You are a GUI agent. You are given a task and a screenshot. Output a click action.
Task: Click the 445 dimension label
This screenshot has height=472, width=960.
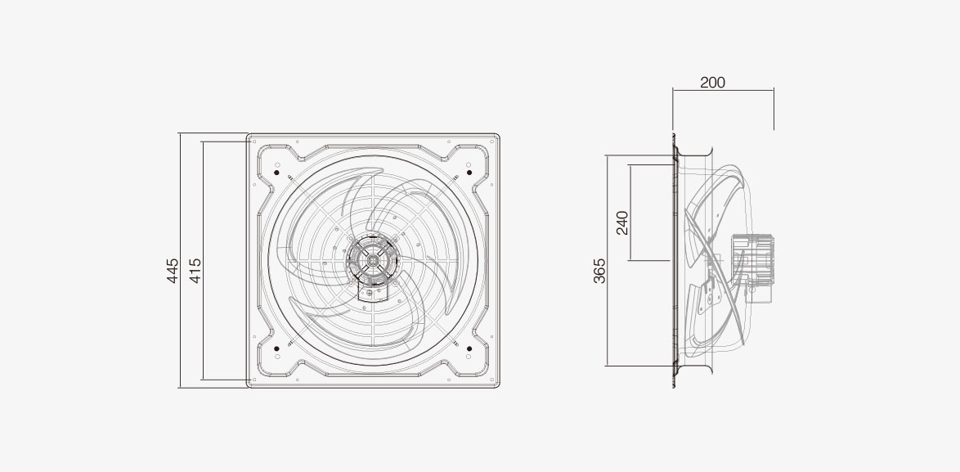click(173, 271)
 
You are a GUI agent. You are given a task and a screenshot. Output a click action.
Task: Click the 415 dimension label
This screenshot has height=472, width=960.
click(195, 271)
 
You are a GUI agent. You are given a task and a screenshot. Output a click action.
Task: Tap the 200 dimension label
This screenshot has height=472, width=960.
click(712, 83)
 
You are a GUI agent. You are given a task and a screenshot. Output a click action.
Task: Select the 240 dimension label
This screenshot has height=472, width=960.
click(622, 223)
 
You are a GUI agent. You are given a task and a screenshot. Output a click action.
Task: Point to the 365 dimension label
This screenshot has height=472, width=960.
click(600, 271)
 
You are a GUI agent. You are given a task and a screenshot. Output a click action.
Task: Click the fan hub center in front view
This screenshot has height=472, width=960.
click(372, 260)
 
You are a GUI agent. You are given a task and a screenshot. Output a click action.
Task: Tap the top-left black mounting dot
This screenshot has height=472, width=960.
click(276, 173)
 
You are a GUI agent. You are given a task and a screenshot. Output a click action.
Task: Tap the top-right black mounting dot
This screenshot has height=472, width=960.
click(469, 173)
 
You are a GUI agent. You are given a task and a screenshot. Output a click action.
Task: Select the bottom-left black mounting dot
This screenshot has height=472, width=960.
click(276, 348)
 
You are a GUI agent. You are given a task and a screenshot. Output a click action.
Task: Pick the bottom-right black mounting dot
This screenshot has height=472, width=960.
click(469, 348)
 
